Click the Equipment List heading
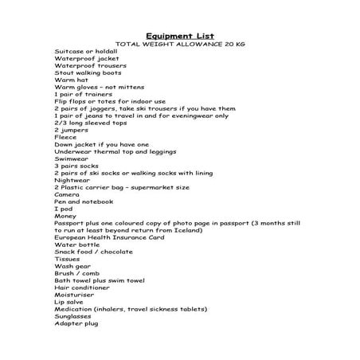(181, 35)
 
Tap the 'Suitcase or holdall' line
(84, 50)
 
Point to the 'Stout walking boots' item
(86, 72)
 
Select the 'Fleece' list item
(65, 137)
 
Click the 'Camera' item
(67, 194)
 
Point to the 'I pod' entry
(64, 209)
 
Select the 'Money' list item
(66, 216)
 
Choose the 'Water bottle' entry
(78, 245)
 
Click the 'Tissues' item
(67, 259)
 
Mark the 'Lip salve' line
(70, 301)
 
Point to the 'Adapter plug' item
(77, 323)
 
